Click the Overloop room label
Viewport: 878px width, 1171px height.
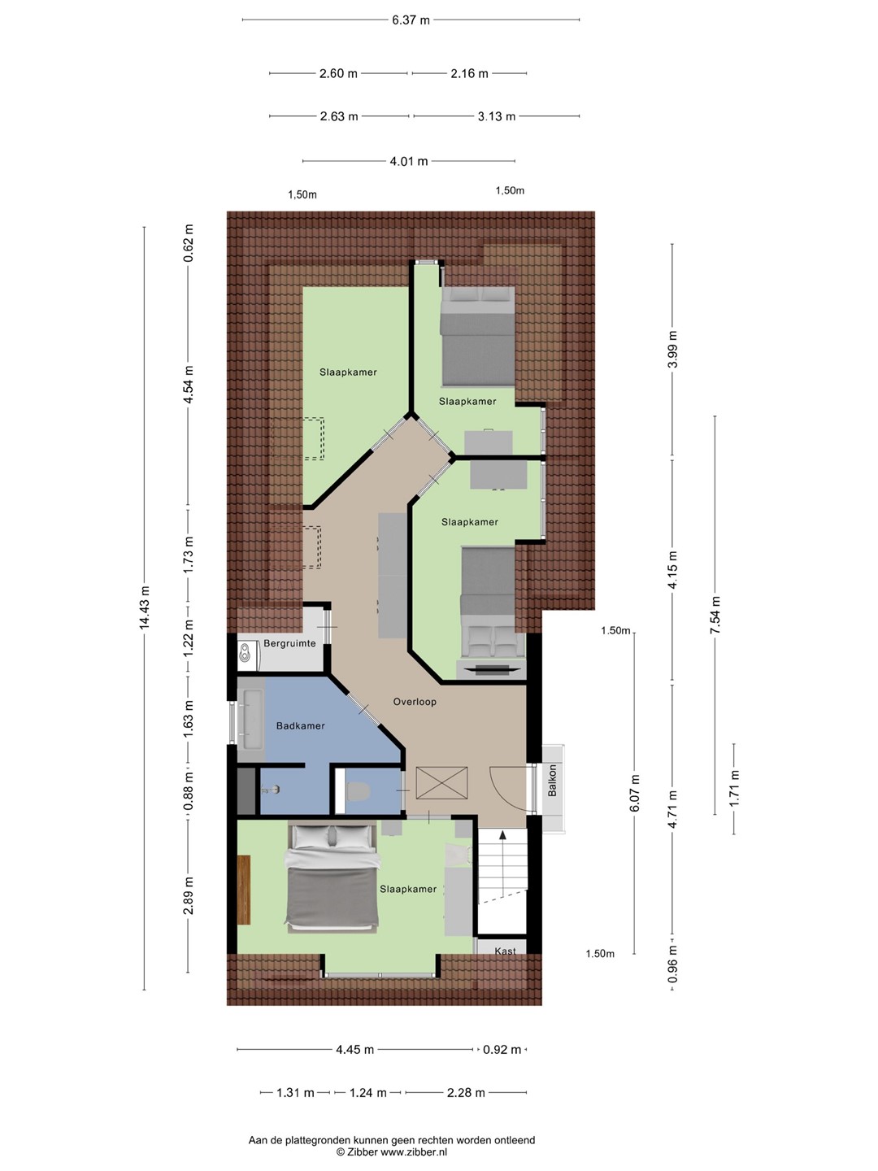pos(415,702)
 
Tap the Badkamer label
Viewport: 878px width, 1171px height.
pos(300,725)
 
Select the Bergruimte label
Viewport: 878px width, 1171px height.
pos(289,643)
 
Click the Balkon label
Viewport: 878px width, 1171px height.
pos(552,781)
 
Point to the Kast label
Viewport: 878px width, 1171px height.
pos(505,951)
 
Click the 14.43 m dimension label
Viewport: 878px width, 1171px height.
pos(145,607)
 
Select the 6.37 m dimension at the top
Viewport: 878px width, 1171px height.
pos(411,20)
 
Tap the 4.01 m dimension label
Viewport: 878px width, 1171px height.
pos(409,161)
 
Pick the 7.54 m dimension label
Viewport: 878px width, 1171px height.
pos(715,615)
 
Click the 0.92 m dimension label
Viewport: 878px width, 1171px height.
pos(502,1049)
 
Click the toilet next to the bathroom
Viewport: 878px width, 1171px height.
pos(357,791)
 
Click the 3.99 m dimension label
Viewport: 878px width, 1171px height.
pos(672,349)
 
